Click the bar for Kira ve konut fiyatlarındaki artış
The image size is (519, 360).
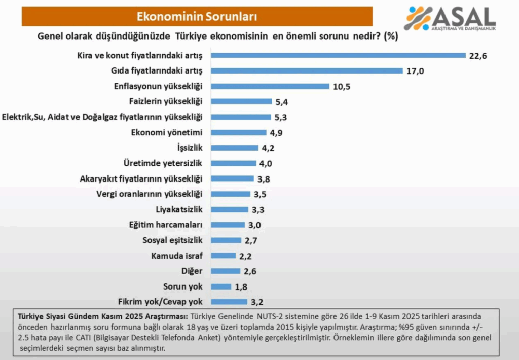pyautogui.click(x=338, y=55)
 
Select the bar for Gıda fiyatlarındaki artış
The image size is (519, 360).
pyautogui.click(x=307, y=70)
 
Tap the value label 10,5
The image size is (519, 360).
pyautogui.click(x=342, y=86)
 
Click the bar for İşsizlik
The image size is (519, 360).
pyautogui.click(x=235, y=148)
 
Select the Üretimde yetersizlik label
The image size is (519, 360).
pyautogui.click(x=163, y=163)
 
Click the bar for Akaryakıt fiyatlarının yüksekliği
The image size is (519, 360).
pyautogui.click(x=232, y=178)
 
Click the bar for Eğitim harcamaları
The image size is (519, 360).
pyautogui.click(x=229, y=225)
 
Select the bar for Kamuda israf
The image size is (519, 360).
pyautogui.click(x=224, y=256)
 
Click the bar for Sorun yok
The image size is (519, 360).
pyautogui.click(x=221, y=286)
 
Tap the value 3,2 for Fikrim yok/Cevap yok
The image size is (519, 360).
pyautogui.click(x=257, y=302)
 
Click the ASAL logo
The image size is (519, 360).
pyautogui.click(x=450, y=19)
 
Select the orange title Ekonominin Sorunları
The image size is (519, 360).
pyautogui.click(x=197, y=16)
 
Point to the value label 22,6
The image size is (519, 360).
pyautogui.click(x=478, y=56)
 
